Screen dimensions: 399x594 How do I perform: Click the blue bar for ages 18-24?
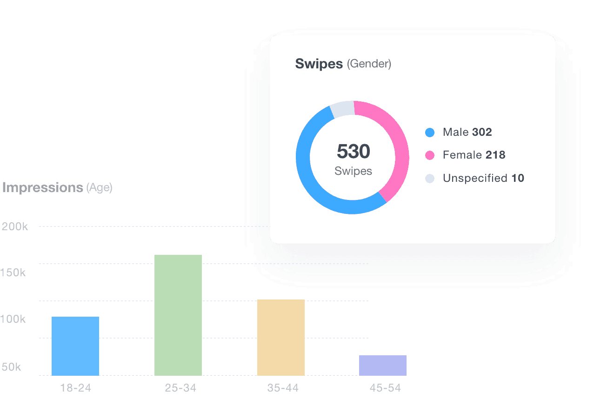click(x=75, y=346)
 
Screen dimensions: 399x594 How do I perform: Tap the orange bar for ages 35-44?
click(x=281, y=337)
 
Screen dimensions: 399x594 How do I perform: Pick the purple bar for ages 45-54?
click(x=383, y=365)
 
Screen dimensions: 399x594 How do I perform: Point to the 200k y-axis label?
click(x=15, y=227)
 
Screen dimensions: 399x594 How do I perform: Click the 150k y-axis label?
click(x=13, y=273)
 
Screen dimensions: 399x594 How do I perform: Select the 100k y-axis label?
click(x=13, y=319)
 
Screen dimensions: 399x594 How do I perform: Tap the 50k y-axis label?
click(x=11, y=367)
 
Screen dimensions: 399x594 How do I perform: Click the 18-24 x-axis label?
click(x=75, y=388)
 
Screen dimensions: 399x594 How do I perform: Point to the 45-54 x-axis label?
click(x=385, y=388)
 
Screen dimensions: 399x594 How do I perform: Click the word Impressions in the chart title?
click(x=42, y=187)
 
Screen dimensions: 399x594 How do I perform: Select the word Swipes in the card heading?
click(x=319, y=64)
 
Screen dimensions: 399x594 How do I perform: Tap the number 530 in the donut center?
click(x=354, y=152)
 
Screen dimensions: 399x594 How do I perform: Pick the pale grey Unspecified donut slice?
click(x=342, y=108)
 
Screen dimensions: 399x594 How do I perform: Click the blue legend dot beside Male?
click(x=430, y=133)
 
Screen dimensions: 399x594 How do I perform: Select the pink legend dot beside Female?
click(x=430, y=155)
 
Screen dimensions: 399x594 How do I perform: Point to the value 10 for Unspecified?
click(x=518, y=178)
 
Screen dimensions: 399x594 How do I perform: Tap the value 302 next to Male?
click(x=482, y=133)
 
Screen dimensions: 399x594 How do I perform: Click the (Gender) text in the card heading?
click(x=369, y=64)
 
